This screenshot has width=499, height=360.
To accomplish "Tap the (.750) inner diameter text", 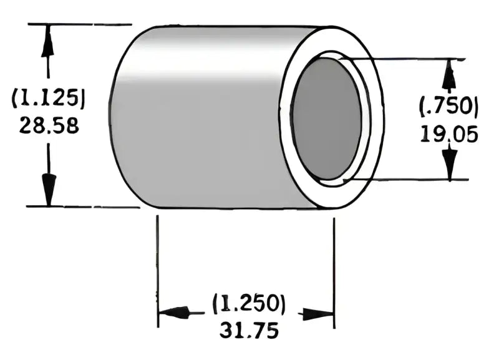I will [x=448, y=107].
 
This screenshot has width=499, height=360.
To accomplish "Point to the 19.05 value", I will [x=448, y=133].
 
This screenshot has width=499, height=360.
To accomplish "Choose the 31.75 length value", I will [x=248, y=329].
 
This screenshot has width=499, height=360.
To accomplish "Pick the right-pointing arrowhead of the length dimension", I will [x=318, y=313].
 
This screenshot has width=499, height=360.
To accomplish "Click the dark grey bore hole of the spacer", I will [x=325, y=119].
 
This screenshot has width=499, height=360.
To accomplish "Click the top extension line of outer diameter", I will [x=81, y=24].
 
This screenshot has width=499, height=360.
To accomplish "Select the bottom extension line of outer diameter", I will [x=81, y=207].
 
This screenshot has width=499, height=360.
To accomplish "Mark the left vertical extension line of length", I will [x=158, y=262].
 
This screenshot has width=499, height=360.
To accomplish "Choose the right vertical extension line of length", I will [x=334, y=262].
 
